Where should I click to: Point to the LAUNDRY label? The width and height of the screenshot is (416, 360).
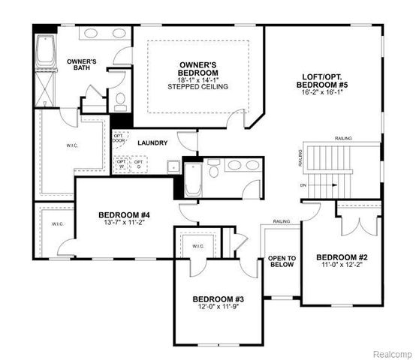pyautogui.click(x=152, y=142)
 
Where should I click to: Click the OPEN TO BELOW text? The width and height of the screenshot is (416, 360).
pyautogui.click(x=282, y=262)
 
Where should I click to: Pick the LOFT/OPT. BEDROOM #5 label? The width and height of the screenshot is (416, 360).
pyautogui.click(x=324, y=81)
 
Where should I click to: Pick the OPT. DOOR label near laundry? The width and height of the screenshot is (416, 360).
pyautogui.click(x=118, y=139)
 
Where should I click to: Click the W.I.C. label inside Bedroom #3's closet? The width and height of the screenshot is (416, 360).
pyautogui.click(x=198, y=245)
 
